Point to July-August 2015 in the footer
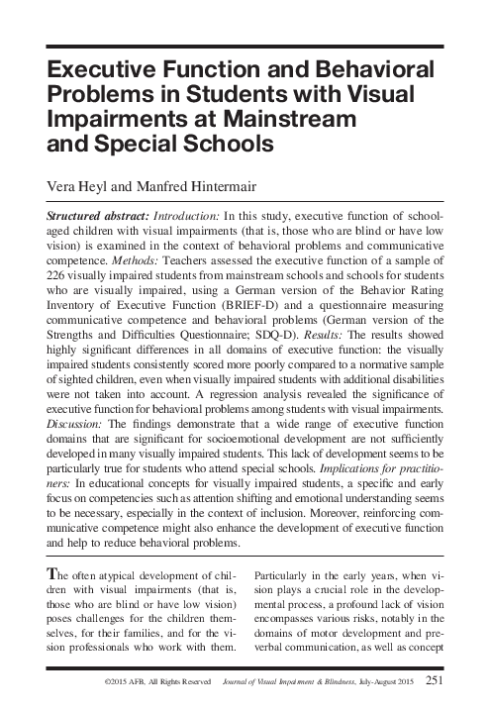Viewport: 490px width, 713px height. pos(386,681)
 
